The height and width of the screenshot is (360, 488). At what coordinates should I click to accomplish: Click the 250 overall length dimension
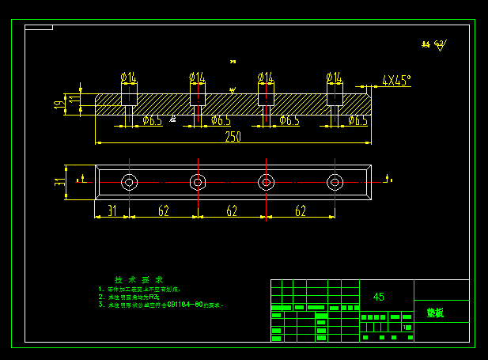point(233,137)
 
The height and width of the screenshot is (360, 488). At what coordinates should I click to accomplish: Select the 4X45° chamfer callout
point(395,80)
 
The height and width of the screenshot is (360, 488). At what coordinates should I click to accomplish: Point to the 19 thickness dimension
point(59,104)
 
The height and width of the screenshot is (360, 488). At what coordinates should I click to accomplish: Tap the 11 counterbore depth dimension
point(74,100)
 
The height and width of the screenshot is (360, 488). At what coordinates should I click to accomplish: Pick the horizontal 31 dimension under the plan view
point(112,210)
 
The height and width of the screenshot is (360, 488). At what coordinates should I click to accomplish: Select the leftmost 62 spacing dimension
point(163,210)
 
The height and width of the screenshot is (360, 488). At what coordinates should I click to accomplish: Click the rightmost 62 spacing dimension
point(301,210)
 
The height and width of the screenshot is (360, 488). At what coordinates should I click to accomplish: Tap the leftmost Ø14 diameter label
point(128,77)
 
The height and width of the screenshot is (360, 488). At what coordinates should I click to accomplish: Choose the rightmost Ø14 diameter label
point(335,77)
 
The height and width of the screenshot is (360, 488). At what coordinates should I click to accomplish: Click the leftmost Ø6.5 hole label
point(153,120)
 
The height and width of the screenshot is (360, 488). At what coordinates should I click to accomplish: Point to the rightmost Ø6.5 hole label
point(358,120)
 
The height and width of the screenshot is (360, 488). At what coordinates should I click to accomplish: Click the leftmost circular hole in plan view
point(128,183)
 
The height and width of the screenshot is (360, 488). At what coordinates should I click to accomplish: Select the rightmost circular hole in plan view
point(335,183)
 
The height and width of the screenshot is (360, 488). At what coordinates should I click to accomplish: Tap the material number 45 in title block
point(379,297)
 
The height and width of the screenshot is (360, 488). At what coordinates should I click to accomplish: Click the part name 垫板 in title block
point(435,313)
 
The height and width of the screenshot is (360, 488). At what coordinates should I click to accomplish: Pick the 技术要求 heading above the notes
point(139,280)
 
